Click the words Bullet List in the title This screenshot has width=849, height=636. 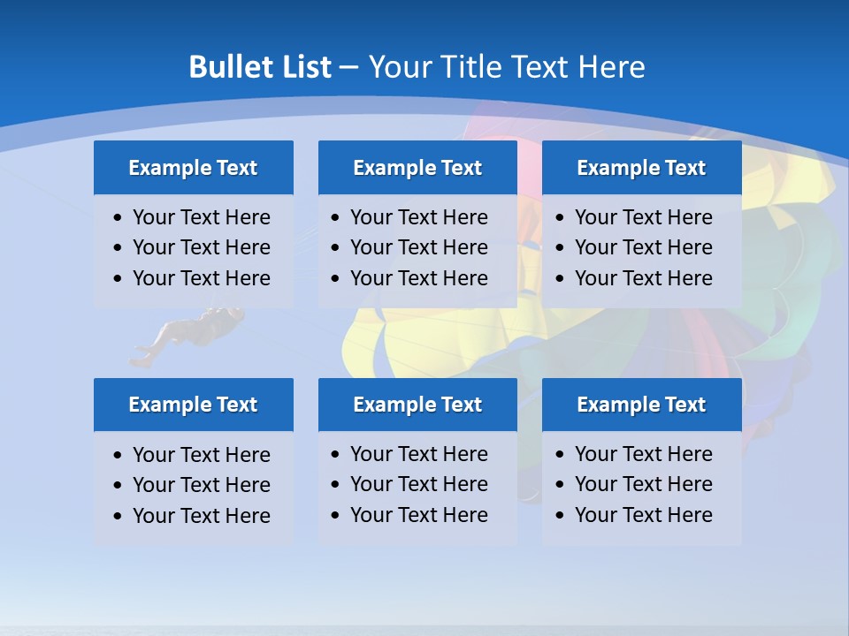tap(260, 67)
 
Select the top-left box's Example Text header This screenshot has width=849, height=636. tap(193, 168)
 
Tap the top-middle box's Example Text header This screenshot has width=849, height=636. tap(417, 168)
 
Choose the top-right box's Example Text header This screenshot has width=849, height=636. tap(641, 168)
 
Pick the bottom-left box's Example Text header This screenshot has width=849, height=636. tap(193, 405)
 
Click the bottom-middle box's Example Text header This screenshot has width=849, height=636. tap(417, 405)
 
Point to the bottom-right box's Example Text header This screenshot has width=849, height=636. tap(641, 405)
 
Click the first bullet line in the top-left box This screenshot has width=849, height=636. tap(202, 217)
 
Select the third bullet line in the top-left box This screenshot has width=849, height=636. tap(202, 278)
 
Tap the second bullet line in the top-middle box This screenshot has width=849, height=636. tap(419, 247)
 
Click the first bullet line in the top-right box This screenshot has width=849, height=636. tap(644, 217)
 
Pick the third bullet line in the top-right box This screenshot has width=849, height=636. tap(644, 278)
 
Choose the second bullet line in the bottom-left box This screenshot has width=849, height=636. tap(202, 485)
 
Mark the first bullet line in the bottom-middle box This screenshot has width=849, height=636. tap(419, 454)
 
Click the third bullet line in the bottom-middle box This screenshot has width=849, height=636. tap(419, 515)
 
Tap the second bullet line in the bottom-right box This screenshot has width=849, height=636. tap(644, 484)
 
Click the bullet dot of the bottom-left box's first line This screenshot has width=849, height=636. tap(119, 456)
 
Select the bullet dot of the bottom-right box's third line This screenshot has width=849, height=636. tap(560, 516)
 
